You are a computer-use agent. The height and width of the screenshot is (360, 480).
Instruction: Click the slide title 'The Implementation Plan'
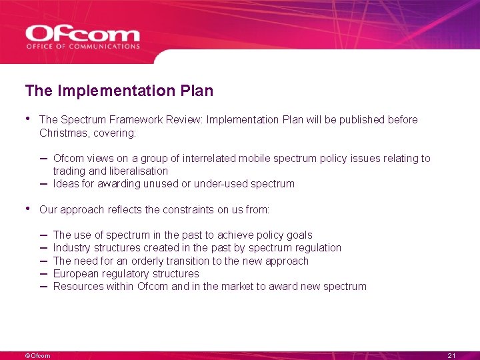[x=119, y=90]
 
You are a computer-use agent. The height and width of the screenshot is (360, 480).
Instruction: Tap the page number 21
[x=451, y=356]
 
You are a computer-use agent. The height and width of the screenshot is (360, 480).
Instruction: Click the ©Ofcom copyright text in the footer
[x=37, y=356]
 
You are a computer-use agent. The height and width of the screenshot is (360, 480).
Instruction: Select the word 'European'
[x=75, y=273]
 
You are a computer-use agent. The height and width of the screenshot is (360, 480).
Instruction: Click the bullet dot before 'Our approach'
[x=28, y=209]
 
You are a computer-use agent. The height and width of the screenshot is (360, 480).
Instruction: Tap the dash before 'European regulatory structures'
[x=43, y=273]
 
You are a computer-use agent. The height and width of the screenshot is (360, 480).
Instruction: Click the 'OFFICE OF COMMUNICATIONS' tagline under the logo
[x=83, y=47]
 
